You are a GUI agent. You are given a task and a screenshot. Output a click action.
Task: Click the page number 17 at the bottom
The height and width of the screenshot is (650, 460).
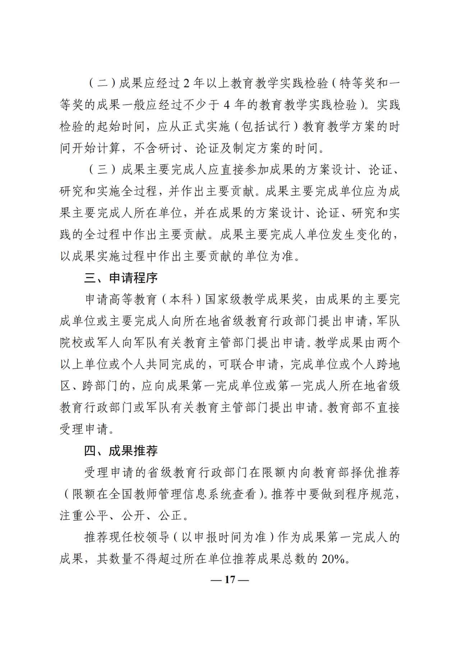[x=230, y=580]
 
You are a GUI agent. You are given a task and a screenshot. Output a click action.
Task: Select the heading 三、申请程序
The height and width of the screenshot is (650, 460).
[x=121, y=278]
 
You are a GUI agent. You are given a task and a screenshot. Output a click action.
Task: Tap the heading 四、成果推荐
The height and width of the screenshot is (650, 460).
[x=121, y=451]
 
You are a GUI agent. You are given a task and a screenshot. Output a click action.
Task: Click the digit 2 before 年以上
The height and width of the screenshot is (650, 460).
[x=186, y=84]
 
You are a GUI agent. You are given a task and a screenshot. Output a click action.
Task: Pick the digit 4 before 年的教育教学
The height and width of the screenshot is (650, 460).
[x=226, y=105]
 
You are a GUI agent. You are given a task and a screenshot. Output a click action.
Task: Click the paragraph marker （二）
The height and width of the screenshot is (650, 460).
[x=102, y=84]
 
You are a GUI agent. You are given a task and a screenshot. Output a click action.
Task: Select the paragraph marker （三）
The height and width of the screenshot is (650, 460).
[x=102, y=170]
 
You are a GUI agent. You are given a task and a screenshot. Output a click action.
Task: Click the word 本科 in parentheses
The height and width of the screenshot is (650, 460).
[x=181, y=300]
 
